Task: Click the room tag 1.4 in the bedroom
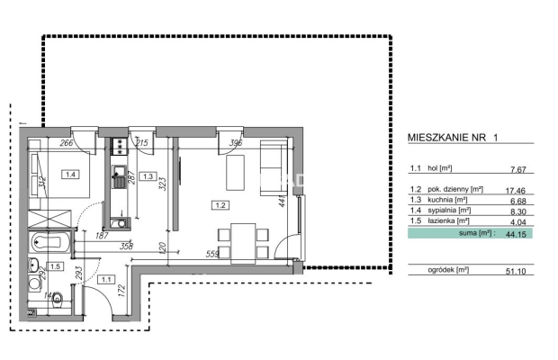click(71, 175)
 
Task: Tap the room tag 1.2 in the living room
click(218, 204)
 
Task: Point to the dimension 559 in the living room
click(213, 255)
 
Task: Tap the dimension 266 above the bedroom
click(66, 141)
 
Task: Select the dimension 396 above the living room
click(236, 142)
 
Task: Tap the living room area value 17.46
click(514, 190)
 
